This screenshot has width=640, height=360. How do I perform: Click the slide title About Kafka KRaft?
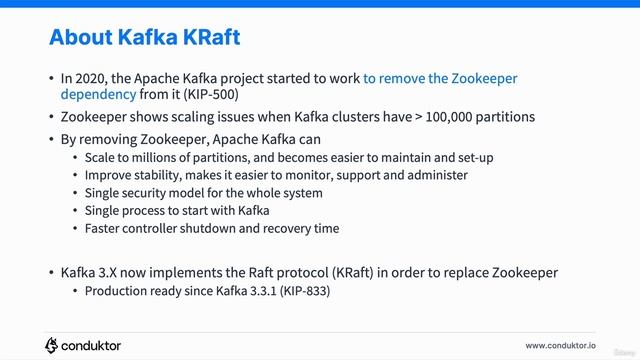144,39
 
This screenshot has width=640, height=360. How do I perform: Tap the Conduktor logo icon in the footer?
52,345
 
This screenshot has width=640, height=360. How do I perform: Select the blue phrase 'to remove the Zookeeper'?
440,77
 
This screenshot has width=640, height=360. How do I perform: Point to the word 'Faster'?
103,228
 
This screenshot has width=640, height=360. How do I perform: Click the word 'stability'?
158,175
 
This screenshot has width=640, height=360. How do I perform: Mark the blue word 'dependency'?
98,94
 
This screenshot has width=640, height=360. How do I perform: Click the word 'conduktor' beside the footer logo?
92,346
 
